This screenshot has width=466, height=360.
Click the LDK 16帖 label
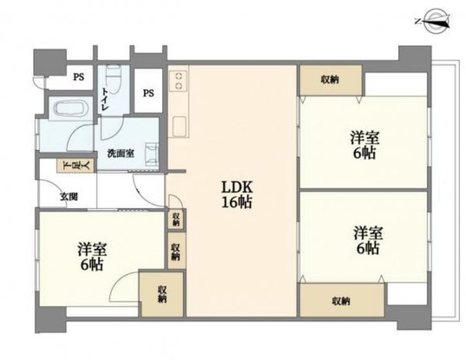237,195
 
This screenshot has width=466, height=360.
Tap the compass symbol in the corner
434,21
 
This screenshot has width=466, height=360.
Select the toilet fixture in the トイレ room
112,75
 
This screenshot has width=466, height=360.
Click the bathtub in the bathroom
69,108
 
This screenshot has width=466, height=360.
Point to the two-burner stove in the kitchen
178,81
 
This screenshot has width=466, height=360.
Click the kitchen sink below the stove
179,127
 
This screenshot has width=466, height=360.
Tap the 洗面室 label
121,154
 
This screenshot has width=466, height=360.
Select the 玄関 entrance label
69,197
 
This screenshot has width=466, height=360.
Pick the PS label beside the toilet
148,94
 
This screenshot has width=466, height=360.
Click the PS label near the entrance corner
78,77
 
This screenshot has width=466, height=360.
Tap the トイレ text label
105,100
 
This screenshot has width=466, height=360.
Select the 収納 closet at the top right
331,80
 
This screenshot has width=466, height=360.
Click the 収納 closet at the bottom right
342,300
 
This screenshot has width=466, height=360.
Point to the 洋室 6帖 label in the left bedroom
92,256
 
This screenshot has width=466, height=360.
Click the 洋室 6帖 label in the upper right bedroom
364,145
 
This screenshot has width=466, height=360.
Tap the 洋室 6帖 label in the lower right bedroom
368,240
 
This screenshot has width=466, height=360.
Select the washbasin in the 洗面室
152,153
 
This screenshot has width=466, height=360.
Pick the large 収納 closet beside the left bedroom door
162,294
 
